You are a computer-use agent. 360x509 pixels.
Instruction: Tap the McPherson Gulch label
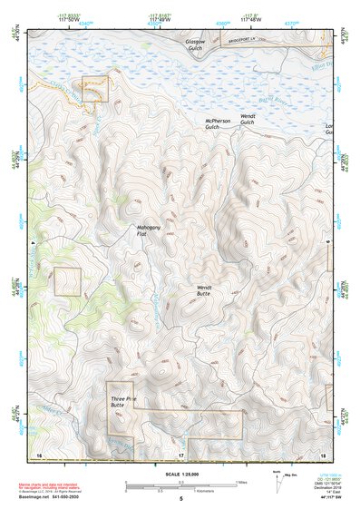[x=219, y=122]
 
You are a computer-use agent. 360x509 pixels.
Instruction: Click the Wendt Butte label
[x=203, y=290]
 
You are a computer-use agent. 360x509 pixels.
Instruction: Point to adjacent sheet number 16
[x=39, y=453]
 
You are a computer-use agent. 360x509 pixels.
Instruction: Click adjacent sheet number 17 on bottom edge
[x=180, y=453]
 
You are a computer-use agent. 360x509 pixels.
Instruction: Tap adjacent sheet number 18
[x=323, y=453]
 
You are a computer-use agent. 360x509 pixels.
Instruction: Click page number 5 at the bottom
[x=180, y=499]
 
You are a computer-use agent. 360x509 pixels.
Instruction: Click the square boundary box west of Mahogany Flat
[x=68, y=281]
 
